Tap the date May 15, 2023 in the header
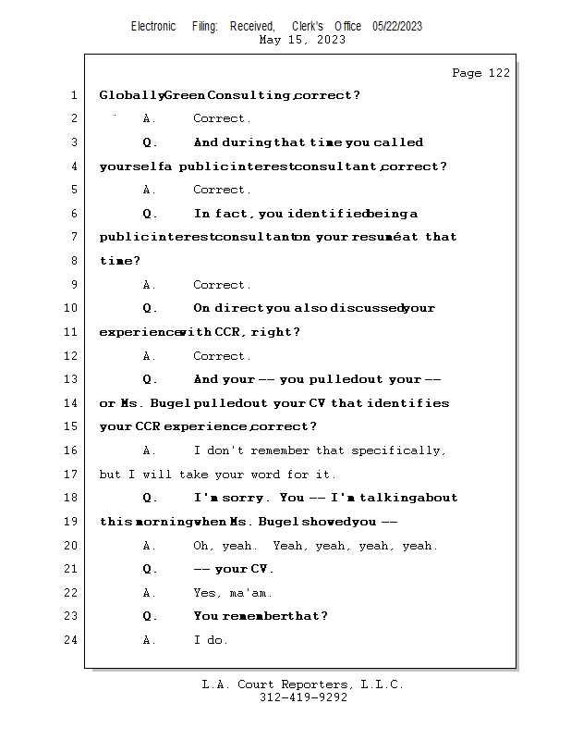[302, 40]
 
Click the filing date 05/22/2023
[397, 26]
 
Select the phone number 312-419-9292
[303, 697]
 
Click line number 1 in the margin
[73, 95]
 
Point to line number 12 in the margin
[70, 356]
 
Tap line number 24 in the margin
[70, 640]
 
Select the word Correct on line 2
[220, 118]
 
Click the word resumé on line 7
[377, 237]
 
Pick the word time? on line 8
[120, 261]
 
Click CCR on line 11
[228, 332]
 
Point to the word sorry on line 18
[249, 498]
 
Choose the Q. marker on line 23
[150, 616]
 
